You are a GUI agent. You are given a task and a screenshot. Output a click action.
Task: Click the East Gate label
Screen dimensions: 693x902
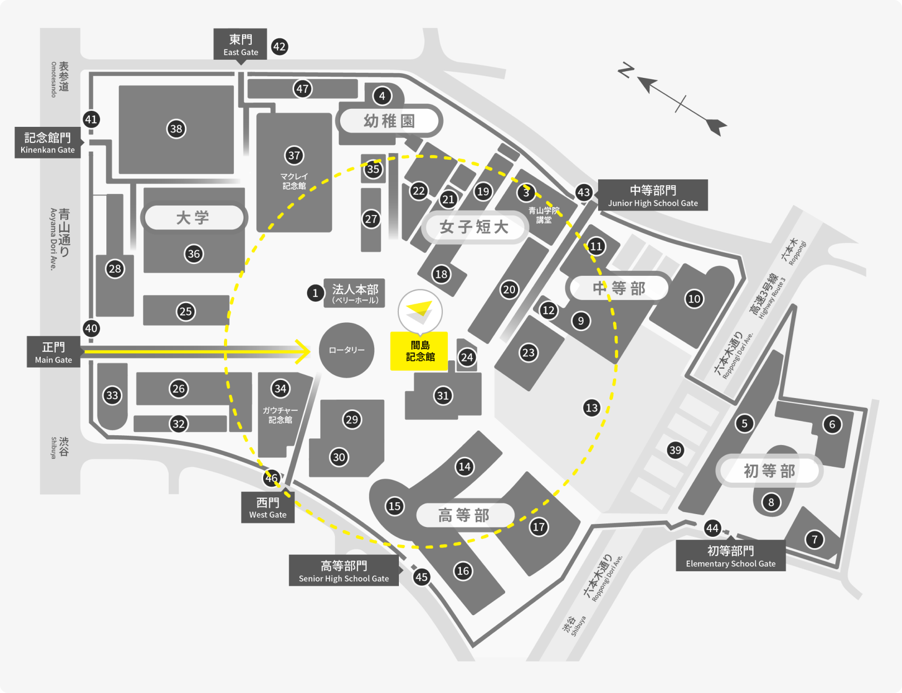pyautogui.click(x=240, y=44)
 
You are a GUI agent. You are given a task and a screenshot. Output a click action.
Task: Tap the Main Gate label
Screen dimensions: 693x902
pyautogui.click(x=54, y=352)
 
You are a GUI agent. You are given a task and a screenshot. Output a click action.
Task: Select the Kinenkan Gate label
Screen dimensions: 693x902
pyautogui.click(x=47, y=142)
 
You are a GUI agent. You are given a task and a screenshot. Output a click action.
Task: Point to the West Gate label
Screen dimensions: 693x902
pyautogui.click(x=268, y=507)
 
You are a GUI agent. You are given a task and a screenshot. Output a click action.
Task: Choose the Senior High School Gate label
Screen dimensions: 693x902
pyautogui.click(x=344, y=571)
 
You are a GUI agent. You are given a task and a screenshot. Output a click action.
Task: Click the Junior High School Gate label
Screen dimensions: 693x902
pyautogui.click(x=653, y=195)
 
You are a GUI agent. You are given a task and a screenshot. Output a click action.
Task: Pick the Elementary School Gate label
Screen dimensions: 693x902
pyautogui.click(x=731, y=556)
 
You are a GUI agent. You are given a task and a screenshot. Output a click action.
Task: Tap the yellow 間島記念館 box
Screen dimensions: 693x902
pyautogui.click(x=420, y=351)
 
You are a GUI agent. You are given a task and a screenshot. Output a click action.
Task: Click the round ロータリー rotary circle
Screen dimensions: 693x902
pyautogui.click(x=347, y=350)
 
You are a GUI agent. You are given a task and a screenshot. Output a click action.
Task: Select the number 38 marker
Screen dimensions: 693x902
pyautogui.click(x=176, y=129)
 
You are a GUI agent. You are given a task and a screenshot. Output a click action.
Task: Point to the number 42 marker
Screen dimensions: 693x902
pyautogui.click(x=279, y=47)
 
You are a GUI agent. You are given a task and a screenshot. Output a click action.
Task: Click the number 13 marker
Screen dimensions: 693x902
pyautogui.click(x=592, y=408)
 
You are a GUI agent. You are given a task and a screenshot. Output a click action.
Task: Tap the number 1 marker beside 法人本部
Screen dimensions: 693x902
pyautogui.click(x=315, y=293)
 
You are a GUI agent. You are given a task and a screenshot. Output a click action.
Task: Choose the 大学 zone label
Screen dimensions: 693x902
pyautogui.click(x=194, y=218)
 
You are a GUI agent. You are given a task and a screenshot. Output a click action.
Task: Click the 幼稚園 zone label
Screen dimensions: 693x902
pyautogui.click(x=389, y=121)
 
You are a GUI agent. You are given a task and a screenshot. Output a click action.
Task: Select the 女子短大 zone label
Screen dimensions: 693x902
pyautogui.click(x=474, y=227)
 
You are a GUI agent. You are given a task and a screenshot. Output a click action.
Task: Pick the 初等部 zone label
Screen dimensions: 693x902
pyautogui.click(x=769, y=471)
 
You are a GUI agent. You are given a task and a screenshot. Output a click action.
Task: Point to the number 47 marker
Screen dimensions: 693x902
pyautogui.click(x=302, y=89)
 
